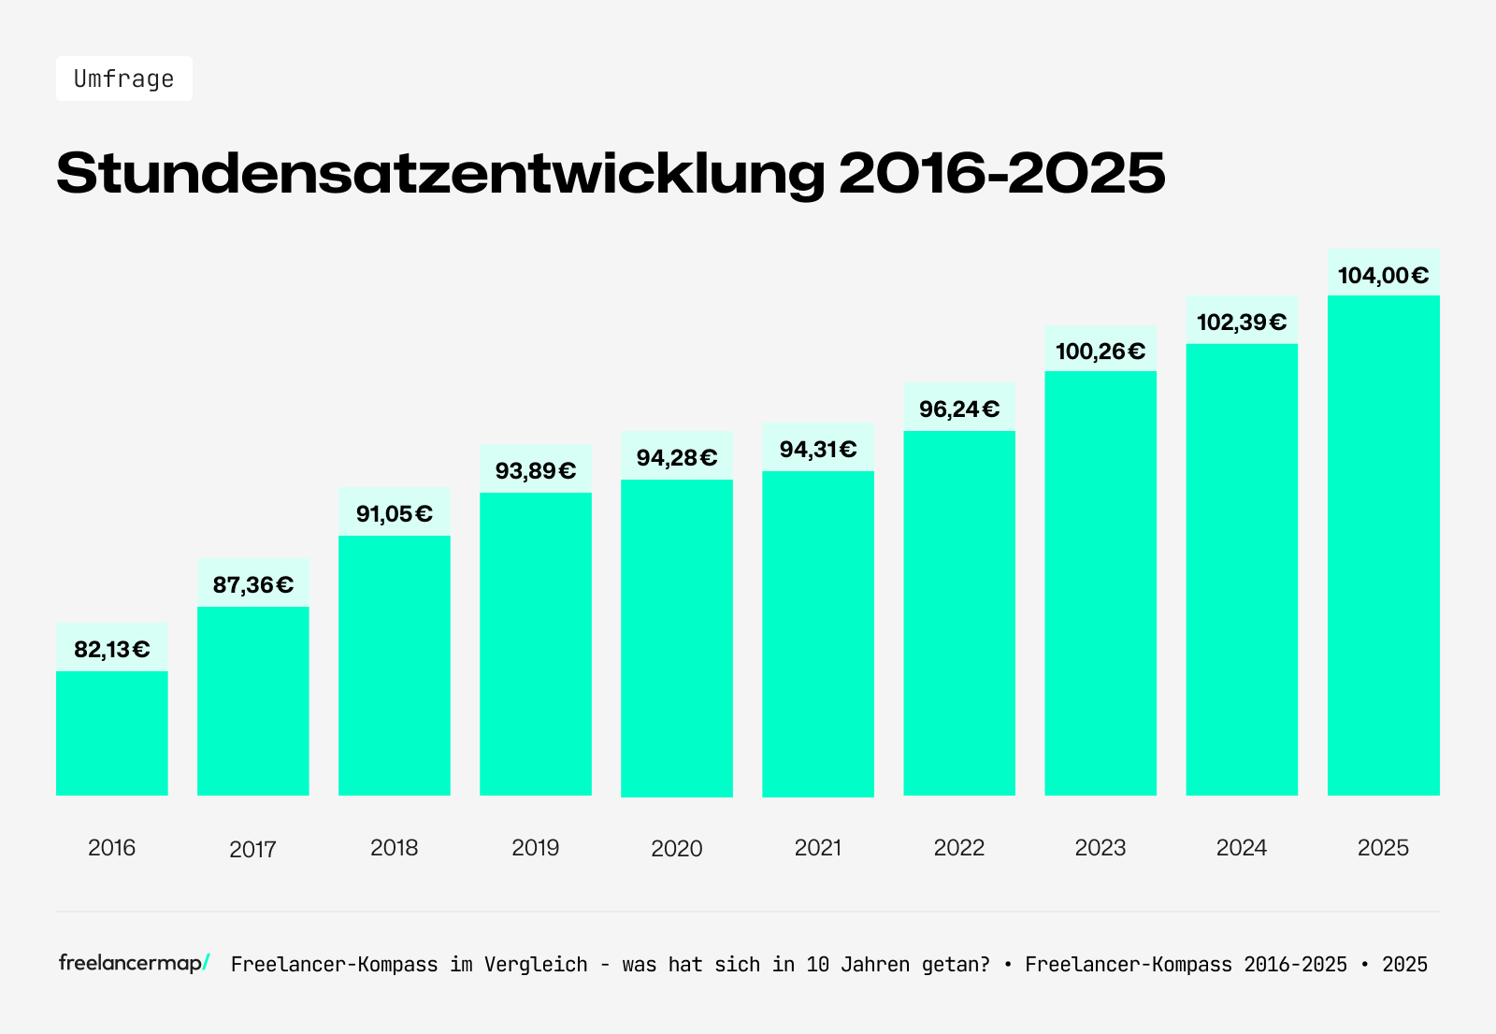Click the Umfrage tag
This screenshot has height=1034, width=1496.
point(124,79)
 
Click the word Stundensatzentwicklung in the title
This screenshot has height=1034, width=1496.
point(440,173)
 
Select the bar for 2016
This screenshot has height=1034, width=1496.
point(112,733)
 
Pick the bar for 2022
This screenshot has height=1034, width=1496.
point(959,612)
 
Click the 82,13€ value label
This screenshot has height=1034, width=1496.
point(112,649)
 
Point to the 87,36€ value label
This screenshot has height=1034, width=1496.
point(253,584)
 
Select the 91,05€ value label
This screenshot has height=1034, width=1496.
point(395,513)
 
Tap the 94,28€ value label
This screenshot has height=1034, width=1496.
point(677,457)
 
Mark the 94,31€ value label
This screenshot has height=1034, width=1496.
point(818,449)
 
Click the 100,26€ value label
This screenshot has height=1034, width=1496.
point(1100,351)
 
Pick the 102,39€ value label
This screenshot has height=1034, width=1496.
point(1242,322)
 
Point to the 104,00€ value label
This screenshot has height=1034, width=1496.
point(1383,275)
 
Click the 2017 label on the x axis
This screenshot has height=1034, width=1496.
point(253,849)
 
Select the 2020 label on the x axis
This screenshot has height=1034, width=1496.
point(677,848)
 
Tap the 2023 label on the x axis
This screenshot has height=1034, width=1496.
point(1100,847)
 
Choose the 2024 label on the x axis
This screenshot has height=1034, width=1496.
point(1242,847)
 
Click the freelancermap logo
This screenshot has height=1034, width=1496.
point(134,963)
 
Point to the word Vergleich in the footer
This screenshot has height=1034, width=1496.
point(536,965)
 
